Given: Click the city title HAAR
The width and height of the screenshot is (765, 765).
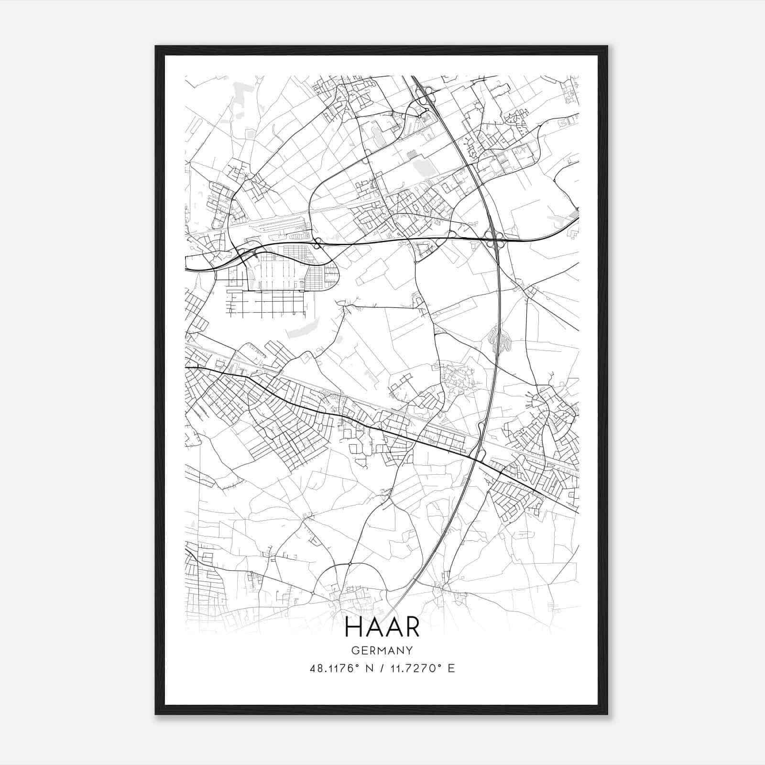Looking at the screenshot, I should point(382,628).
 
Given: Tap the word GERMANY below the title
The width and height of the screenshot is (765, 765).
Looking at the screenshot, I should point(382,651).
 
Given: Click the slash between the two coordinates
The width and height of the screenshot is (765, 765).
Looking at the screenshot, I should point(382,668).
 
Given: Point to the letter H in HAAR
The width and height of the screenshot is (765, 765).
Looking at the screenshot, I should point(353,628).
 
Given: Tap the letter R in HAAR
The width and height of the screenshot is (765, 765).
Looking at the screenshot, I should point(412,628).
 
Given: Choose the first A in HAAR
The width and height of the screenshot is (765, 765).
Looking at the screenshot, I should point(372,628).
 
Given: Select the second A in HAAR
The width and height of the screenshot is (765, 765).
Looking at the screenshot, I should point(392,628).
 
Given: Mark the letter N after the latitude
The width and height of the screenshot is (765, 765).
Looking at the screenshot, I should point(368,668).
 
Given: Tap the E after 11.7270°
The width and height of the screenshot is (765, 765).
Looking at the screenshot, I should point(451,668).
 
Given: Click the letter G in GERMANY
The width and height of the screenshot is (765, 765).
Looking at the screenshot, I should point(354,651).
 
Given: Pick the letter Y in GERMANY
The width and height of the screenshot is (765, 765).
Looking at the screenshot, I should point(409,651).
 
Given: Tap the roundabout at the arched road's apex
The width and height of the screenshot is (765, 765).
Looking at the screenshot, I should point(350,564).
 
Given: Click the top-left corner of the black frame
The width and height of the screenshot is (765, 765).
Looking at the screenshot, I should point(155,46).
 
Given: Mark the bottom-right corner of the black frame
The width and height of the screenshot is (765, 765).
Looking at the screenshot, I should point(607,714).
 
